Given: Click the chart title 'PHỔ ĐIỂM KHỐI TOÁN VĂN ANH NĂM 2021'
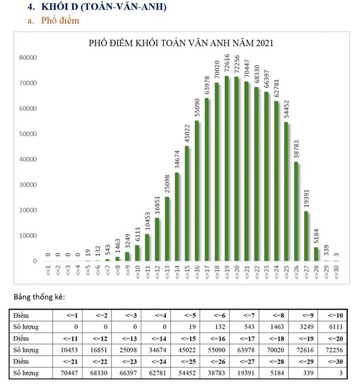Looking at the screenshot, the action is pyautogui.click(x=181, y=43).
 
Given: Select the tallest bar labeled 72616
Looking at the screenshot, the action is pyautogui.click(x=227, y=168).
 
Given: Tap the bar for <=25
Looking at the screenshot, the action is pyautogui.click(x=286, y=191).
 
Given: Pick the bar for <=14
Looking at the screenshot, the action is pyautogui.click(x=177, y=217).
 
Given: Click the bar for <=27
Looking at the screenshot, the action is pyautogui.click(x=306, y=236).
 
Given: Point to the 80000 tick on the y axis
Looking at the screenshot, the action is pyautogui.click(x=28, y=58).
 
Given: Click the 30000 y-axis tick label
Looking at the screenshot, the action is pyautogui.click(x=28, y=184).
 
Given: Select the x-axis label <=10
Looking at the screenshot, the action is pyautogui.click(x=137, y=272).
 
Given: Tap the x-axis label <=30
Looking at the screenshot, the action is pyautogui.click(x=336, y=272).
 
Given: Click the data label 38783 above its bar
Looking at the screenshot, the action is pyautogui.click(x=297, y=149).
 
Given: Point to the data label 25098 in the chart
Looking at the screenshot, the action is pyautogui.click(x=167, y=184).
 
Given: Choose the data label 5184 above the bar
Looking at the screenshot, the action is pyautogui.click(x=316, y=236).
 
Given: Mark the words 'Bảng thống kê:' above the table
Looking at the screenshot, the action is pyautogui.click(x=39, y=297).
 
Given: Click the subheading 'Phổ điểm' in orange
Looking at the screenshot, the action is pyautogui.click(x=60, y=20).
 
